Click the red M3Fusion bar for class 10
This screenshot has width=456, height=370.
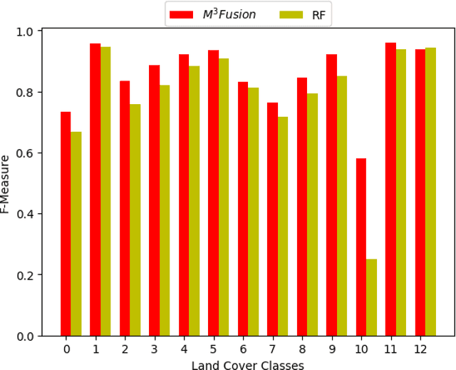point(361,247)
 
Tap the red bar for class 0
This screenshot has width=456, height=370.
point(66,223)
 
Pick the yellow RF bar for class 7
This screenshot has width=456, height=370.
point(283,226)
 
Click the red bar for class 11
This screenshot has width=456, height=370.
point(390,189)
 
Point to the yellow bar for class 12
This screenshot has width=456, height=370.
point(430,192)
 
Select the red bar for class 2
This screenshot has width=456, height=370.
point(125,208)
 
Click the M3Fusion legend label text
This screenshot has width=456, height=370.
point(229,14)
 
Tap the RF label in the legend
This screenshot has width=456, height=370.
point(318,14)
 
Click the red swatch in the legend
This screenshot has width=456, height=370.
point(182,14)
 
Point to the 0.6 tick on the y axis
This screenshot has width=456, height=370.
point(26,153)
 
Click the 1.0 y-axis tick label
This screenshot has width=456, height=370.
point(26,32)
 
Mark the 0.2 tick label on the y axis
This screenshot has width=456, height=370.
point(26,275)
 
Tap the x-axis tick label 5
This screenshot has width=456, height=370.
point(213,349)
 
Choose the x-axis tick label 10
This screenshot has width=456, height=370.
point(361,349)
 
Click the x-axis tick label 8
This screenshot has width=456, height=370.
point(302,349)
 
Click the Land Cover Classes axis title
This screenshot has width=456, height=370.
point(247,365)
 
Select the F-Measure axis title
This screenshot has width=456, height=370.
point(6,184)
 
